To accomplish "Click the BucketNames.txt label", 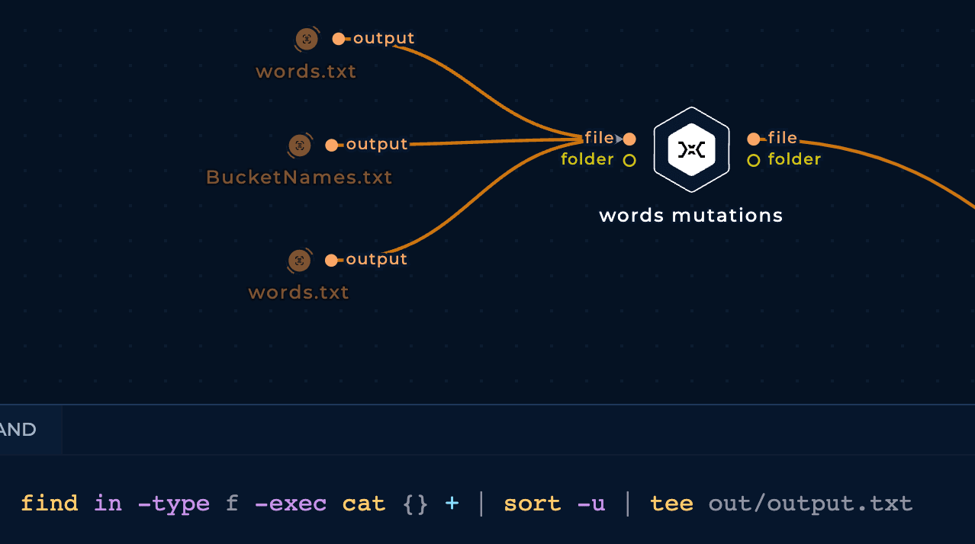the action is click(299, 178).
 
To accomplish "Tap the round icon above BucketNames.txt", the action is click(300, 146).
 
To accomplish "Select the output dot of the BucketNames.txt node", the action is click(332, 146).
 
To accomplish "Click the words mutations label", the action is click(690, 216).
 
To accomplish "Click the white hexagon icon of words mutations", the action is click(692, 149).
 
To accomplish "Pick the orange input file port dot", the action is click(629, 139).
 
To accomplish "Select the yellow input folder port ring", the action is click(629, 161).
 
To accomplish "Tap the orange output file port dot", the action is click(754, 139).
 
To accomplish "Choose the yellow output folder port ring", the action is click(754, 161).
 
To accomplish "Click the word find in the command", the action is click(49, 504).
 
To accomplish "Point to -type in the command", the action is click(173, 504).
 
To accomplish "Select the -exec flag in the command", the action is click(291, 504).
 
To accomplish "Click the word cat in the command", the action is click(363, 504).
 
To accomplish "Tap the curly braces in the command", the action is click(415, 504).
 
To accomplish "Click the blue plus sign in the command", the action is click(452, 504).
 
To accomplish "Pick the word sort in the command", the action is click(532, 504).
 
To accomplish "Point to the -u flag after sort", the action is click(591, 504).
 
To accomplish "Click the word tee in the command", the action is click(671, 504).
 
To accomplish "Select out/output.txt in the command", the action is click(810, 504).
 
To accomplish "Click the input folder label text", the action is click(587, 159).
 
